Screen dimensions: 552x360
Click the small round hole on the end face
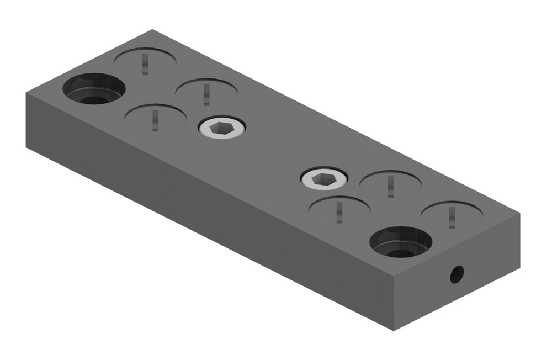pos(457,274)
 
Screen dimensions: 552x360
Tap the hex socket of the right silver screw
pos(324,178)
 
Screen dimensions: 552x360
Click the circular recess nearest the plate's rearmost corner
pos(146,59)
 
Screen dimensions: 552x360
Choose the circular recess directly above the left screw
pos(207,89)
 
